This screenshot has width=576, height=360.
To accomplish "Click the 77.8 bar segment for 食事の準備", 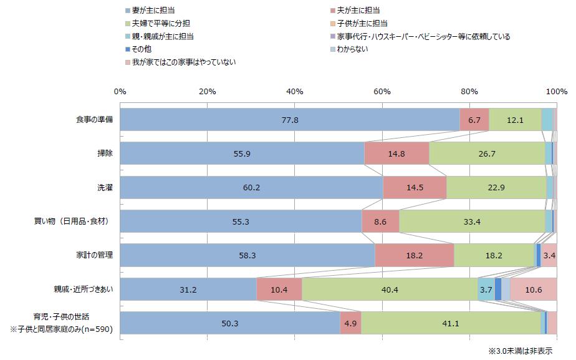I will (290, 119).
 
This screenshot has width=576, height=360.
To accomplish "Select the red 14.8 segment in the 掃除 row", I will (396, 153).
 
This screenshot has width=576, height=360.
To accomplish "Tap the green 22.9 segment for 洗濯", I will (496, 187).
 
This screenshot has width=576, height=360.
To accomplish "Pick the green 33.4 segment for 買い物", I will (472, 221).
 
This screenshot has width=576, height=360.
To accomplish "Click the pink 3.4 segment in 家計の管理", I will (549, 255).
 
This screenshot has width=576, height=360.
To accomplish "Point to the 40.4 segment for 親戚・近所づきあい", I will (390, 289).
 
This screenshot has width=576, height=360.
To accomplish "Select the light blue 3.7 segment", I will (486, 289).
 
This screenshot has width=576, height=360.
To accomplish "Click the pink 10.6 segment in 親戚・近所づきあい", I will (534, 289).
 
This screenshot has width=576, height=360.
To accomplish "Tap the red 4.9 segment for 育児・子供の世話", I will (350, 323).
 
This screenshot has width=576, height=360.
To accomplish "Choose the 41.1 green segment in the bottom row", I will (451, 323).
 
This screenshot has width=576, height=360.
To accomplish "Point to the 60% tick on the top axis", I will (382, 91).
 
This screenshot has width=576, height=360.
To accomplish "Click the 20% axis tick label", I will (207, 91).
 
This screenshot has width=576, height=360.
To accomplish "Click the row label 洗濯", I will (103, 187).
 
